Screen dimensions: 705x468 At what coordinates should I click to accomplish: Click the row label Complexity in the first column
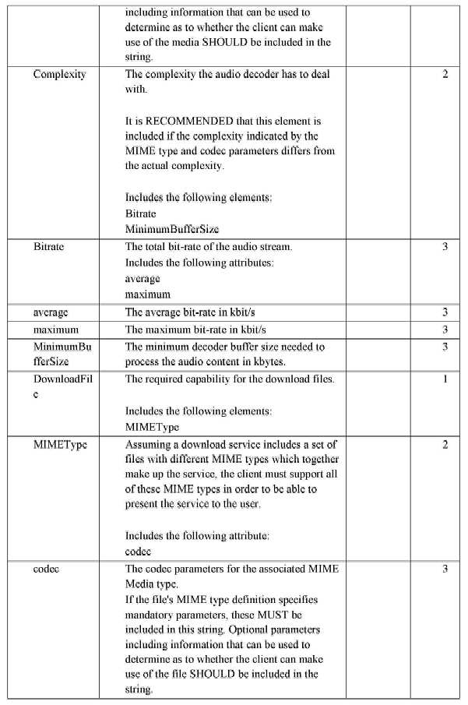59,75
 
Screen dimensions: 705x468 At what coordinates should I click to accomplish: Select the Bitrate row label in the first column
48,247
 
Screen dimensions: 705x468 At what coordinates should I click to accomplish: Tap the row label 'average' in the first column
51,312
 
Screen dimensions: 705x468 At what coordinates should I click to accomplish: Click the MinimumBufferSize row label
62,354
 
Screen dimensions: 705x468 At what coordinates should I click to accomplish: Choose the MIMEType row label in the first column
59,445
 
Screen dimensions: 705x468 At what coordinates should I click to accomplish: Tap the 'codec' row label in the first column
47,569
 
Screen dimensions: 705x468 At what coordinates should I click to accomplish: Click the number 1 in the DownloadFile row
445,379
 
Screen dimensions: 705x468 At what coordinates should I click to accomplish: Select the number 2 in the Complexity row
445,75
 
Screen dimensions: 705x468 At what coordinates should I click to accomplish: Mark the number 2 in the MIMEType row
445,445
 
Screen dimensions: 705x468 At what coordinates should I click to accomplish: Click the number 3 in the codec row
445,569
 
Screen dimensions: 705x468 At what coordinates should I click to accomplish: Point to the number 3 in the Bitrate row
445,247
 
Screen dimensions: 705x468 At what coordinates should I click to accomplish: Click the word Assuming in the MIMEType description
149,445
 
